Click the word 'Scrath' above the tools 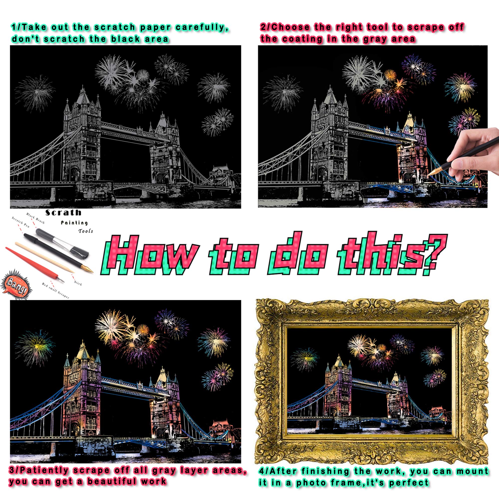63,213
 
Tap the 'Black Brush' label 35,218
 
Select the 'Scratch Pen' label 21,222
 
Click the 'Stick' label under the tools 78,283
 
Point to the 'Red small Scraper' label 56,291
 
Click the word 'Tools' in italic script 86,231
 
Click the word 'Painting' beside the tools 74,223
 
